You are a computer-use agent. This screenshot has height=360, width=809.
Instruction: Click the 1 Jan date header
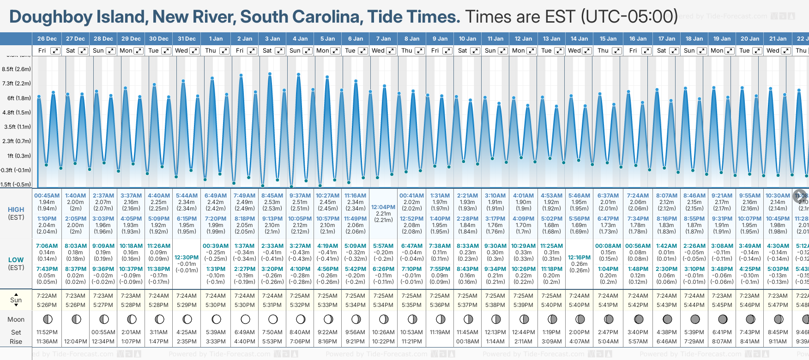click(x=216, y=39)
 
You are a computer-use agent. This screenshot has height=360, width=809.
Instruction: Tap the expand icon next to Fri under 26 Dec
click(x=55, y=51)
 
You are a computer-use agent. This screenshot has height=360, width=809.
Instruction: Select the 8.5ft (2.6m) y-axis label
click(x=17, y=69)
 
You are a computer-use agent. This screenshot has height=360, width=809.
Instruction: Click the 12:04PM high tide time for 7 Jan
click(x=383, y=207)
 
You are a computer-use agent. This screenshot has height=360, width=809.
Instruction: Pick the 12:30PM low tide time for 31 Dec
click(x=187, y=258)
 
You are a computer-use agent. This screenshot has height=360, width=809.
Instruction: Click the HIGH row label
click(x=16, y=210)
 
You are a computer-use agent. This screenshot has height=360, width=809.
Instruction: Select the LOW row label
click(x=16, y=260)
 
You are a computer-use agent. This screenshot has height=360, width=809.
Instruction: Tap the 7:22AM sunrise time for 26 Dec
click(x=47, y=296)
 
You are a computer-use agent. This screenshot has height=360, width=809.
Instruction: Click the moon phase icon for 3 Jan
click(x=273, y=319)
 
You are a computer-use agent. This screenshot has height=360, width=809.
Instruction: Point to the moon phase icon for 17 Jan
click(x=667, y=319)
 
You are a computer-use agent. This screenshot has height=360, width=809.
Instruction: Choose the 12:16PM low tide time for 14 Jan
click(x=579, y=258)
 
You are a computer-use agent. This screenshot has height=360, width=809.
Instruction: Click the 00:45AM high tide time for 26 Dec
click(x=47, y=196)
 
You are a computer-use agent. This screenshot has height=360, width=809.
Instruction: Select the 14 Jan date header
click(x=579, y=39)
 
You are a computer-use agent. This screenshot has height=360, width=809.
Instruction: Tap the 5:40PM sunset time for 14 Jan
click(x=579, y=305)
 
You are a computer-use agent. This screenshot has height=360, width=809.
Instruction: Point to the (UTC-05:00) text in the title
click(x=629, y=17)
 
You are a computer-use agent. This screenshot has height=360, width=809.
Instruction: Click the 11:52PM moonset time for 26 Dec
click(x=47, y=332)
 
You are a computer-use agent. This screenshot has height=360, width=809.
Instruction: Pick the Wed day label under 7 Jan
click(x=378, y=51)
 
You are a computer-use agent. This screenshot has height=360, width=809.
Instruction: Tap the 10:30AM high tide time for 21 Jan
click(x=778, y=196)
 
